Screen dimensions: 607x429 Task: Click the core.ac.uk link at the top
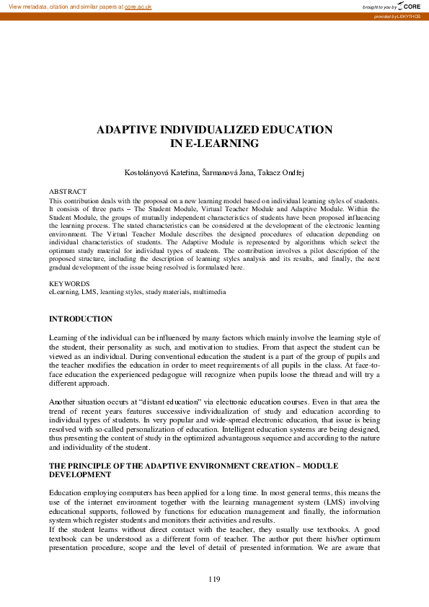(137, 6)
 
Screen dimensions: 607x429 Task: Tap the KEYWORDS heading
(69, 284)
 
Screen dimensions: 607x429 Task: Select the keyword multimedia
(209, 292)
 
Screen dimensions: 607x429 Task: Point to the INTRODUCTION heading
(80, 319)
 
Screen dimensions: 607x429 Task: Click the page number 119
(213, 579)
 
